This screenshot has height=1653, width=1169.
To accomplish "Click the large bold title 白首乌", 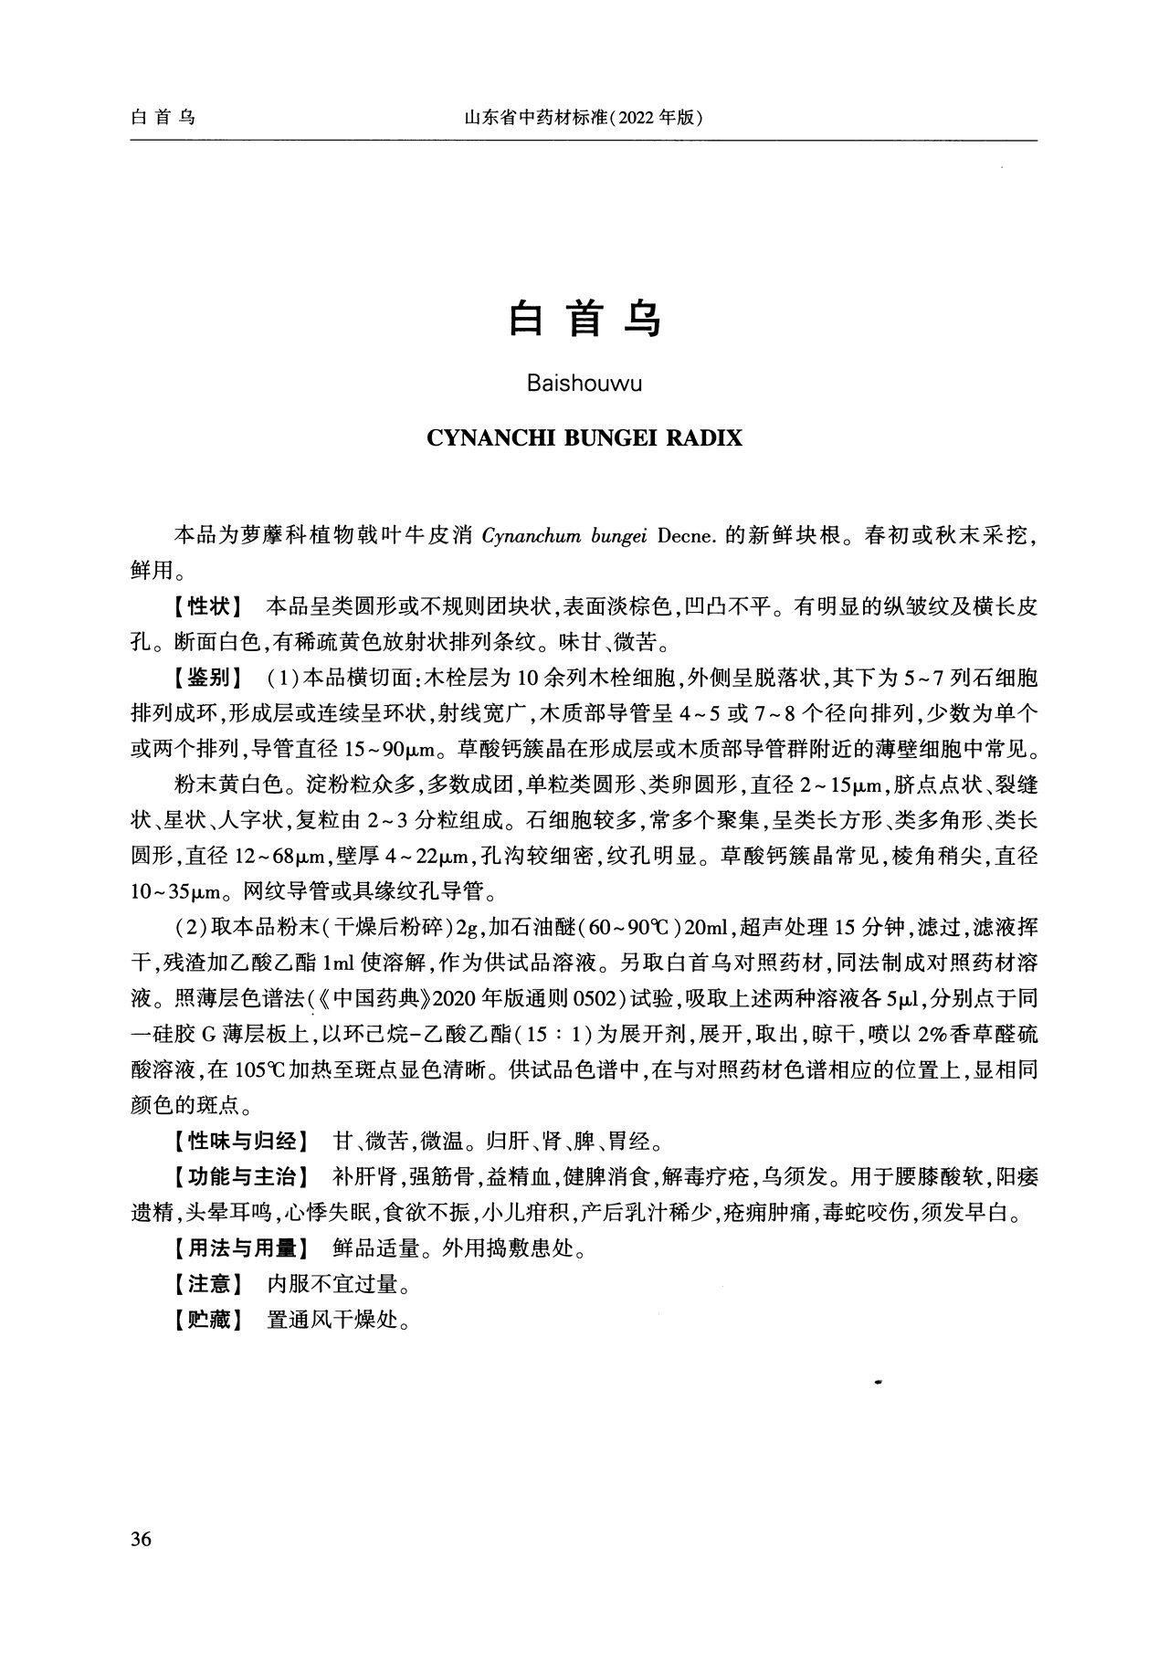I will point(584,319).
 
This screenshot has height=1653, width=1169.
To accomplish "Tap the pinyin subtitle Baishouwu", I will point(584,384).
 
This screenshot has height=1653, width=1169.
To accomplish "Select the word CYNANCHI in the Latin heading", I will point(484,438).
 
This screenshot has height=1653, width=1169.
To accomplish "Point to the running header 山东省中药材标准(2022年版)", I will point(584,119).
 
